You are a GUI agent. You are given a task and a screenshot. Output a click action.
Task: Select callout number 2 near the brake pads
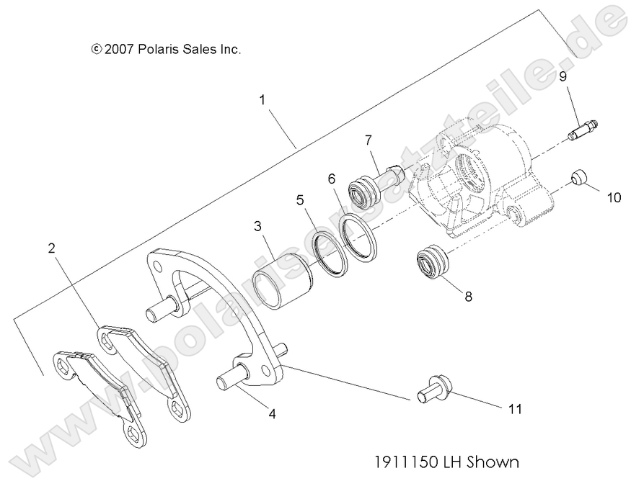pos(51,248)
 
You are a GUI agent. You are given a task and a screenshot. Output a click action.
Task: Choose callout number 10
pos(613,197)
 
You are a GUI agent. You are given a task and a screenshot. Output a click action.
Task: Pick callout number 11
pos(514,409)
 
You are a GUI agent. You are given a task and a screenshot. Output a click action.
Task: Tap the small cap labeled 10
pos(577,176)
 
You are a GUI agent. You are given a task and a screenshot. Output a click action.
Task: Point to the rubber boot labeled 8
pos(431,263)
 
